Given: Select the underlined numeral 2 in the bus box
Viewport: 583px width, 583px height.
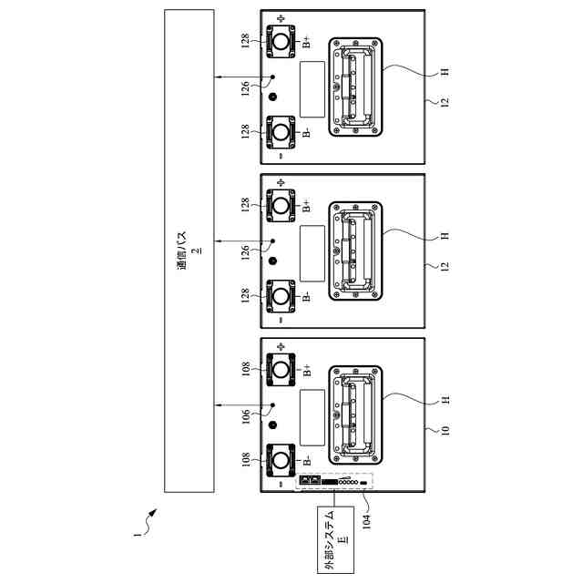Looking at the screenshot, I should [x=194, y=250].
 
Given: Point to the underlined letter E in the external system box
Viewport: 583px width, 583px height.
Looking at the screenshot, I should [x=343, y=539].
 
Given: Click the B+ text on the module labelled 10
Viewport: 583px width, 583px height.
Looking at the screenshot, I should [x=306, y=370].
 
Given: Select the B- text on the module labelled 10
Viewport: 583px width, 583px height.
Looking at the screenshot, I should [x=306, y=461].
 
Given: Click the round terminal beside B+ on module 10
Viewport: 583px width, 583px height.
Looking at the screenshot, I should [x=281, y=368].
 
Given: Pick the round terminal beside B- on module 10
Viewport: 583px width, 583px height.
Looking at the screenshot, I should [x=281, y=461].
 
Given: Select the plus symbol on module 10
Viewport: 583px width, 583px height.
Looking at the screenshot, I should [x=281, y=347].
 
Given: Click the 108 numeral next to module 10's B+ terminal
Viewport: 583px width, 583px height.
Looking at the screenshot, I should [x=247, y=370].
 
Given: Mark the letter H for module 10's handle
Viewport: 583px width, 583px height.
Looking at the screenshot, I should [x=445, y=401].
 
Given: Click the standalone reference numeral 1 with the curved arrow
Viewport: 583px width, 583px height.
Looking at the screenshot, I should [x=138, y=537].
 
